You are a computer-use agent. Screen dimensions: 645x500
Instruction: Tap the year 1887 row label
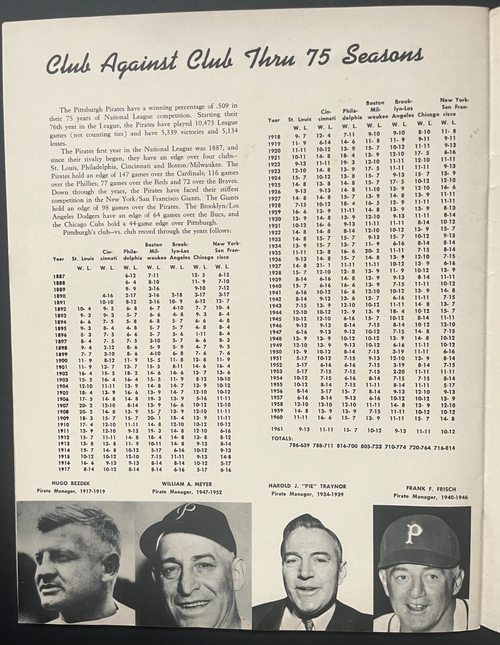59,276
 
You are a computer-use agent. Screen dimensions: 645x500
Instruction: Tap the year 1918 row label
274,137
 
